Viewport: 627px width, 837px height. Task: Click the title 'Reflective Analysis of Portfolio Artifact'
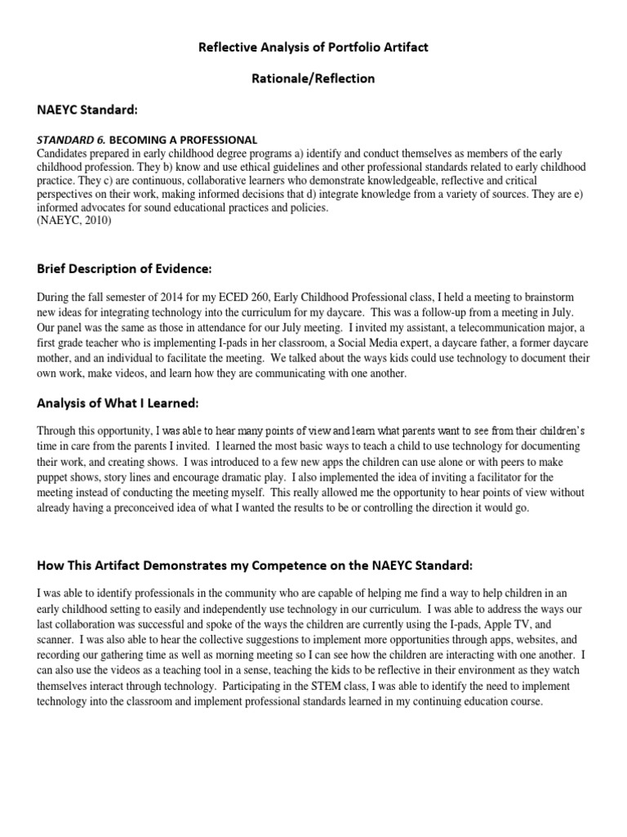(313, 48)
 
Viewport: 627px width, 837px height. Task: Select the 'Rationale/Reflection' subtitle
(313, 79)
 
